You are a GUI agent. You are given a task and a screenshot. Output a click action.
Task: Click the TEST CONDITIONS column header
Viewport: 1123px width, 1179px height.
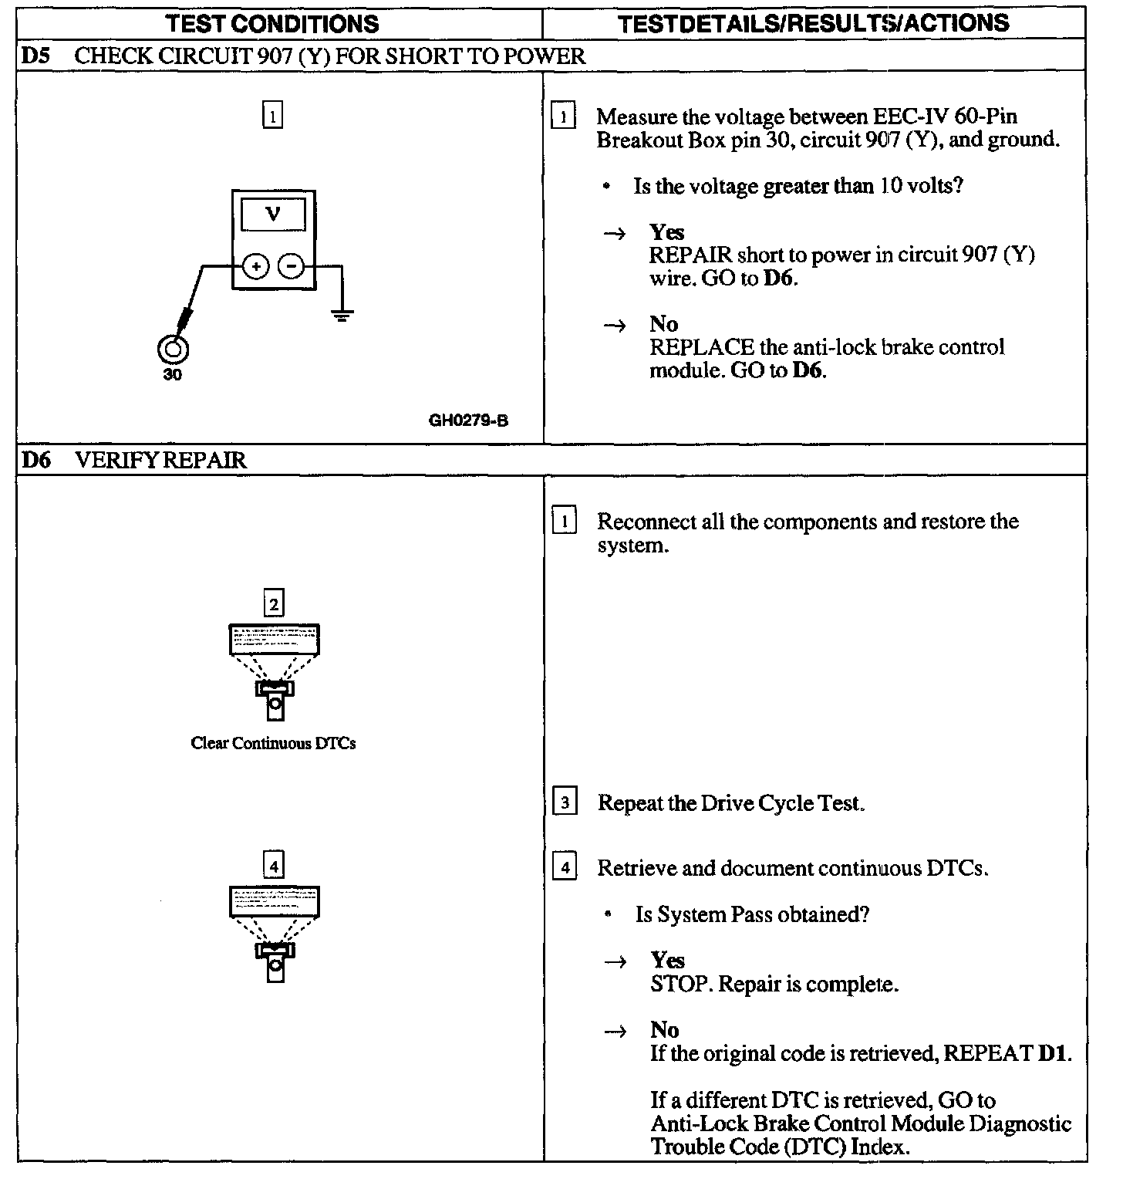[x=273, y=23]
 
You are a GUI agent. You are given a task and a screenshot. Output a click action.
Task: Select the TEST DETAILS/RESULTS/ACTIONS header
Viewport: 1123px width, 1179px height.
[x=814, y=23]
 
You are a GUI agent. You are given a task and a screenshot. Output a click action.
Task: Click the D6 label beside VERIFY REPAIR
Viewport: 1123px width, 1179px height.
[x=36, y=461]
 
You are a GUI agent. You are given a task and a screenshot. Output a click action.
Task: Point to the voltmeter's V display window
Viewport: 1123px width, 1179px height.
[x=273, y=214]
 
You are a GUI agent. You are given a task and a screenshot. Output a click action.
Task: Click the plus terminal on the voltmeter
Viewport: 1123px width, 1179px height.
[x=256, y=266]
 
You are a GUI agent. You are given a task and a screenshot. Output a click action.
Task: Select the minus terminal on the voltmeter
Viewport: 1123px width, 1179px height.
[x=291, y=266]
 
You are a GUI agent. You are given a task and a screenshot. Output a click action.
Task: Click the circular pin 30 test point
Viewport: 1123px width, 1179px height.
[x=172, y=350]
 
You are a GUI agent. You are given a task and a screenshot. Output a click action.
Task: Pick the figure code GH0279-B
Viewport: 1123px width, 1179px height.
[x=468, y=421]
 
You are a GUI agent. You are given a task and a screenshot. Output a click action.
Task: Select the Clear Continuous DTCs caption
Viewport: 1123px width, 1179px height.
[x=273, y=744]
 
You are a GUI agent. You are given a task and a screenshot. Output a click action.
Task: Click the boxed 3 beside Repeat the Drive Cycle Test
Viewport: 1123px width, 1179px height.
[x=565, y=803]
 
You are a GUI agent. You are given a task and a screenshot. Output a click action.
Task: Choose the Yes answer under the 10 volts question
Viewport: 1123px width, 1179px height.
[x=666, y=232]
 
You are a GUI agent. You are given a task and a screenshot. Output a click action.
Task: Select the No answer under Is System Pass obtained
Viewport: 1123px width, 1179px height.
[x=664, y=1030]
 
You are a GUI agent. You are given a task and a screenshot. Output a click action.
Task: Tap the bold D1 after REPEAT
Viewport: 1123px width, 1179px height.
[x=1054, y=1053]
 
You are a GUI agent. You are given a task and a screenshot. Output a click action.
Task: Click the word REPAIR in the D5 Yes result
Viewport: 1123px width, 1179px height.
[x=690, y=255]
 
